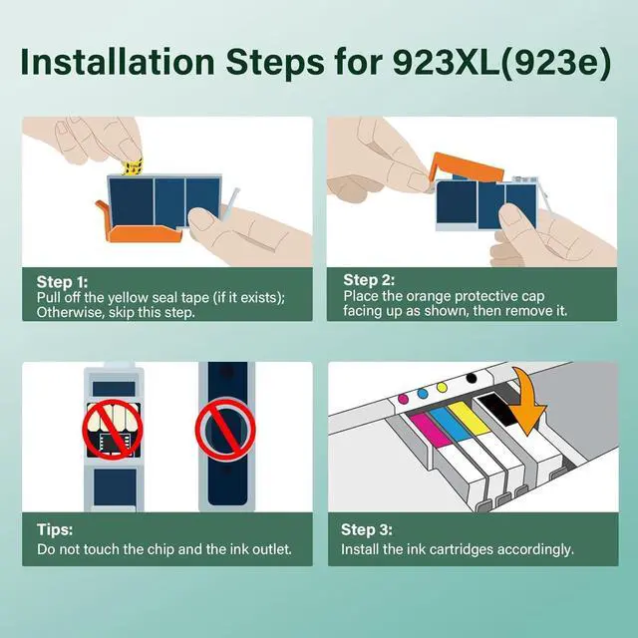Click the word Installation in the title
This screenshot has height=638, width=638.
[x=118, y=62]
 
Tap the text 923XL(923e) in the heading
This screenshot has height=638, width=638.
[x=502, y=63]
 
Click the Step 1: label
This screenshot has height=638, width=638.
[x=62, y=282]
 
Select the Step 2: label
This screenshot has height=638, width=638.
[x=369, y=280]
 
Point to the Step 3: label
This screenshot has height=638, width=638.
[x=367, y=529]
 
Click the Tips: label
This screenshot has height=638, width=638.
[x=55, y=529]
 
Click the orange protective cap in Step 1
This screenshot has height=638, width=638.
[x=138, y=227]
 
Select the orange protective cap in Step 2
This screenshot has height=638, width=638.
[x=468, y=166]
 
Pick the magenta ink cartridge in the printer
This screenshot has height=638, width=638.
[x=431, y=430]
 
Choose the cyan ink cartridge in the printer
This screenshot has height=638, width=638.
[x=452, y=424]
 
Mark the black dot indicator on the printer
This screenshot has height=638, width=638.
[x=472, y=378]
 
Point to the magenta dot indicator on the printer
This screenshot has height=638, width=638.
[x=403, y=398]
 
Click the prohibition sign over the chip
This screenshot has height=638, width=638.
[x=113, y=430]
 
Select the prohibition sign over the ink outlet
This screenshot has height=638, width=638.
[x=225, y=430]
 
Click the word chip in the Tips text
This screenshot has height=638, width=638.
[x=160, y=549]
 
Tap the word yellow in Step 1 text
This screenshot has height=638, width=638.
[x=128, y=298]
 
